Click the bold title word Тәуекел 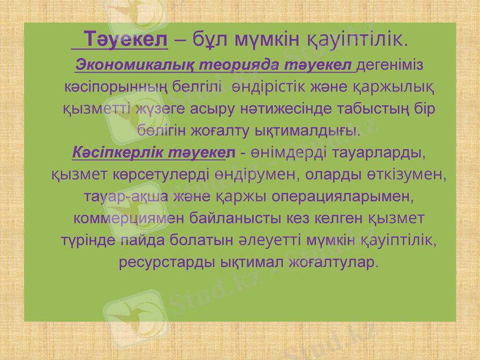pos(127,40)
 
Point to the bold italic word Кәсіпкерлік pos(110,152)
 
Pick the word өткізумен pos(404,175)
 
